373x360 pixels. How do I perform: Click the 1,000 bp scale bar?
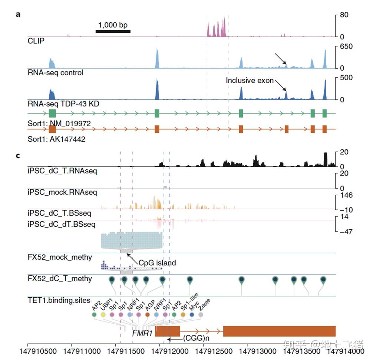pyautogui.click(x=113, y=31)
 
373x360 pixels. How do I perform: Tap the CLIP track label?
pyautogui.click(x=36, y=41)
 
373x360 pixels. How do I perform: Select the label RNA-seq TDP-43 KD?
pyautogui.click(x=63, y=104)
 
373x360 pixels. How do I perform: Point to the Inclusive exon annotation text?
pyautogui.click(x=250, y=81)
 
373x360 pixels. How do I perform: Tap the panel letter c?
pyautogui.click(x=18, y=155)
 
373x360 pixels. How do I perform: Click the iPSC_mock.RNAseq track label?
pyautogui.click(x=62, y=192)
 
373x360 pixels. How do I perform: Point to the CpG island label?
pyautogui.click(x=157, y=263)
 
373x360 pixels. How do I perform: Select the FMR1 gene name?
pyautogui.click(x=143, y=333)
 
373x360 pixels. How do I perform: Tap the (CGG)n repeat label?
pyautogui.click(x=196, y=338)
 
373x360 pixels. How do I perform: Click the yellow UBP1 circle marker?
pyautogui.click(x=103, y=315)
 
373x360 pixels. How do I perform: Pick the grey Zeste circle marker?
pyautogui.click(x=201, y=315)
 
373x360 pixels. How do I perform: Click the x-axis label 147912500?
pyautogui.click(x=203, y=350)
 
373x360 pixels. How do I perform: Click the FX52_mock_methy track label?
pyautogui.click(x=60, y=257)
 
